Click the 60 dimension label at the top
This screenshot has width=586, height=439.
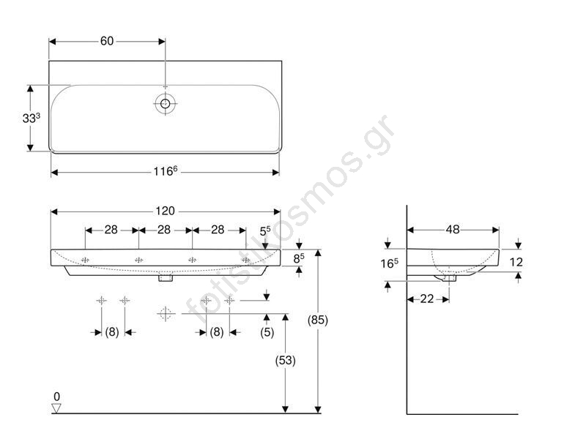click(x=107, y=41)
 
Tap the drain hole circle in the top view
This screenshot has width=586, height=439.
click(x=166, y=103)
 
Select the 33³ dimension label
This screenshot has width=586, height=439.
click(x=31, y=118)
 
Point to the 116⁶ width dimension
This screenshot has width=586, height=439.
click(x=166, y=171)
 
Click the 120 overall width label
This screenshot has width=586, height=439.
click(x=166, y=211)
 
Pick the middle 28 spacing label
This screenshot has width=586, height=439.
click(x=164, y=230)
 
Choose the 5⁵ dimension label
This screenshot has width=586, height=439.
click(x=265, y=231)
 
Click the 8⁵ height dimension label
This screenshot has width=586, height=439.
click(x=299, y=258)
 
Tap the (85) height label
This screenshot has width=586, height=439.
click(x=318, y=320)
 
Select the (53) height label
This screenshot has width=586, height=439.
click(x=286, y=360)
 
